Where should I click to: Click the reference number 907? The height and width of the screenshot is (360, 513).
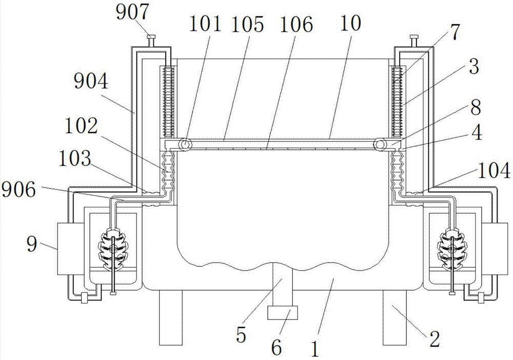pos(132,12)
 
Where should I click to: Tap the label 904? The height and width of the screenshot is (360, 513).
pos(91,82)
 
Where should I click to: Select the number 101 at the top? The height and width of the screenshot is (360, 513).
pos(206,24)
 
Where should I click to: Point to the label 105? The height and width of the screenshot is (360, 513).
pos(247,24)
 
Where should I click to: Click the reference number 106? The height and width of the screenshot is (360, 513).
pos(296,24)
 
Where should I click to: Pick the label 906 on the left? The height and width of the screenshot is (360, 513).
pos(18,190)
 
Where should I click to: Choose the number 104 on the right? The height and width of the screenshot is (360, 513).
pos(494,170)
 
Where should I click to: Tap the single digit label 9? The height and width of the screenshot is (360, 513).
pos(32,244)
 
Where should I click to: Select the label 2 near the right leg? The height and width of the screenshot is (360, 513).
pos(435,339)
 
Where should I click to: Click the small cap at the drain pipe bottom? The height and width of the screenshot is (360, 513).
pos(283,313)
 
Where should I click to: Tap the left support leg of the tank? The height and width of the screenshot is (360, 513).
pos(170,317)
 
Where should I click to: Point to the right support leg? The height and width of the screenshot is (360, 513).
pos(394,317)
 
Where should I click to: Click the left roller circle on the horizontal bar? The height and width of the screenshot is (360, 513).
pos(185,144)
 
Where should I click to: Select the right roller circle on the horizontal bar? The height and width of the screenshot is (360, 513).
pos(381,144)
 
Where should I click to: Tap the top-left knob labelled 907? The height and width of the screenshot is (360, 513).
pos(151,41)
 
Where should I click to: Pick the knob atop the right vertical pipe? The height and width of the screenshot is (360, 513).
pos(414,41)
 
